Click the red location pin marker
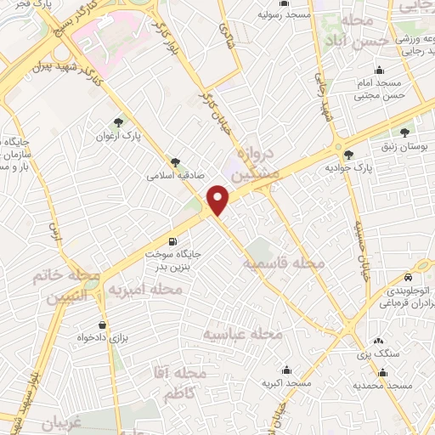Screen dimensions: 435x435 pyautogui.click(x=219, y=201)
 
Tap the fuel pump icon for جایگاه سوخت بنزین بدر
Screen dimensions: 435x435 pyautogui.click(x=174, y=240)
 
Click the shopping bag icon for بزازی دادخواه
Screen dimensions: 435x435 pyautogui.click(x=103, y=324)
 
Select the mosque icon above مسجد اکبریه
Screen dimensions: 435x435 pyautogui.click(x=287, y=370)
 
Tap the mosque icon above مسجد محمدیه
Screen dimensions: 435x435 pyautogui.click(x=382, y=371)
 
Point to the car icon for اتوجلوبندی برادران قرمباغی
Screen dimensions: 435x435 pyautogui.click(x=409, y=277)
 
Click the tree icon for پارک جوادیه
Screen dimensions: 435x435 pyautogui.click(x=348, y=154)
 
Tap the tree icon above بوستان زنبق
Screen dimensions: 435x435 pyautogui.click(x=404, y=133)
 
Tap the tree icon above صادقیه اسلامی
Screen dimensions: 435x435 pyautogui.click(x=175, y=161)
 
